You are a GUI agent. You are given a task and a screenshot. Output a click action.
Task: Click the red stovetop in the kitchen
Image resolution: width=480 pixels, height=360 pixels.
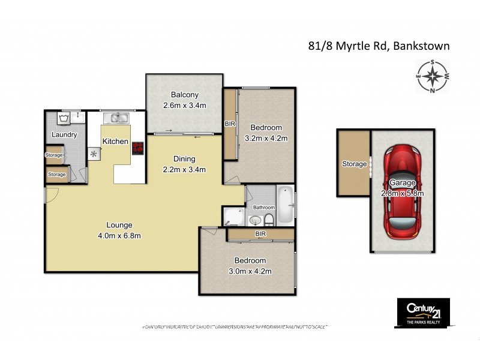point(138,148)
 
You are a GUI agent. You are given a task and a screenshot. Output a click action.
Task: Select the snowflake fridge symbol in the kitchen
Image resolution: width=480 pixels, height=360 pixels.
point(94,154)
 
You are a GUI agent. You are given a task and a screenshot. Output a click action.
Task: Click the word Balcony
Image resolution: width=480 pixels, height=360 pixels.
point(184,95)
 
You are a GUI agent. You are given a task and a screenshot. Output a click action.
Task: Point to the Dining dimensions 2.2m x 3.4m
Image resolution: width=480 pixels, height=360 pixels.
point(184,169)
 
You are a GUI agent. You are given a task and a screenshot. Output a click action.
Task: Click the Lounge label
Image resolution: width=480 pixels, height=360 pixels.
point(120,225)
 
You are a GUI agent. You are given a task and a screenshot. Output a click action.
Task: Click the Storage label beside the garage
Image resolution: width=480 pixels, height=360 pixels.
point(354,164)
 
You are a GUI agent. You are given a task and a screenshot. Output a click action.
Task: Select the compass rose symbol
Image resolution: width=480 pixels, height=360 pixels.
point(432,76)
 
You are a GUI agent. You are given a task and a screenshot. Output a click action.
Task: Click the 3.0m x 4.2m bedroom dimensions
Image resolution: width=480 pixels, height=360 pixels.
point(250,271)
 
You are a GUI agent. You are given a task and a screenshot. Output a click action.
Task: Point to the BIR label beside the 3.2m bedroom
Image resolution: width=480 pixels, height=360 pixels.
point(229,124)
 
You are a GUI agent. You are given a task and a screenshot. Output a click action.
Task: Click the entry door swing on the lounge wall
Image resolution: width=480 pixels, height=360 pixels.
point(51,193)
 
